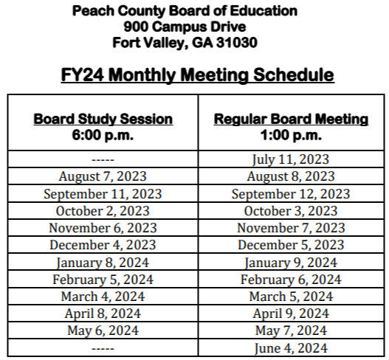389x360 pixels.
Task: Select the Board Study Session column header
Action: coord(103,119)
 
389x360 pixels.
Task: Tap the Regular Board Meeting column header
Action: coord(291,119)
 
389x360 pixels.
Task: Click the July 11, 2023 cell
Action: coord(291,159)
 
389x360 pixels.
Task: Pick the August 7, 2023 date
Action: coord(103,177)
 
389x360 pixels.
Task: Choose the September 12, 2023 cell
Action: coord(291,194)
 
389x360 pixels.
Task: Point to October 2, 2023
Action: coord(103,211)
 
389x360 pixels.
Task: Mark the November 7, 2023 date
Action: coord(291,228)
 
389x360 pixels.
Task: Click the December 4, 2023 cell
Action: coord(103,245)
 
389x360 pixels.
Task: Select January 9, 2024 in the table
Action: coord(291,262)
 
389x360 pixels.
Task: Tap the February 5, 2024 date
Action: coord(103,279)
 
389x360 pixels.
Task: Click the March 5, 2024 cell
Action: coord(291,296)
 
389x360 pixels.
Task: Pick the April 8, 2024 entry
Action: coord(103,313)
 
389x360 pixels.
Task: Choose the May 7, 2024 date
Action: coord(291,330)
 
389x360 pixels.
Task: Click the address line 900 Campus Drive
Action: coord(195,27)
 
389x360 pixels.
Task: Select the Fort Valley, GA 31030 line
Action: coord(195,42)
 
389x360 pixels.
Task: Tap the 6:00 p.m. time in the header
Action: coord(103,135)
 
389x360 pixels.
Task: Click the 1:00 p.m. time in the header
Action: coord(291,135)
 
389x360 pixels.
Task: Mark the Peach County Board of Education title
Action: coord(195,11)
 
